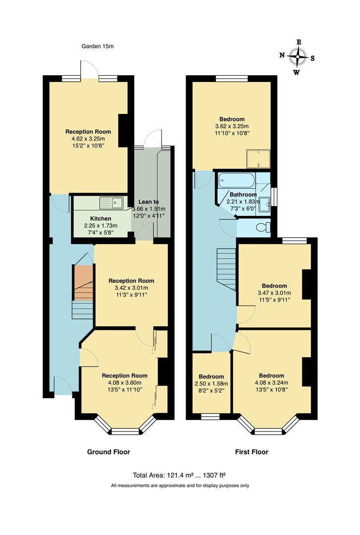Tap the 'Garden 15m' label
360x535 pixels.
[x=98, y=47]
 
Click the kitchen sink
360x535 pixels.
[x=111, y=202]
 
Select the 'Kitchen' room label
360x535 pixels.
[x=101, y=218]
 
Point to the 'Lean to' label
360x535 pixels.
[x=149, y=202]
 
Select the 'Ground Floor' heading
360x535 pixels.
[x=108, y=452]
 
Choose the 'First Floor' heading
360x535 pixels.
[x=251, y=452]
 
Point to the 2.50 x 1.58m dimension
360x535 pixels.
[x=211, y=384]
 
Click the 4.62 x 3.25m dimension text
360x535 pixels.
[x=88, y=139]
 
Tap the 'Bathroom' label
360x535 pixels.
[x=243, y=195]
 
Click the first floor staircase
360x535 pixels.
[x=226, y=269]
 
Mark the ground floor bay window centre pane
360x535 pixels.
[x=125, y=431]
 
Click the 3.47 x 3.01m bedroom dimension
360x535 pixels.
[x=274, y=293]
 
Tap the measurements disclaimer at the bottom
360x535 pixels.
[x=180, y=486]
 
